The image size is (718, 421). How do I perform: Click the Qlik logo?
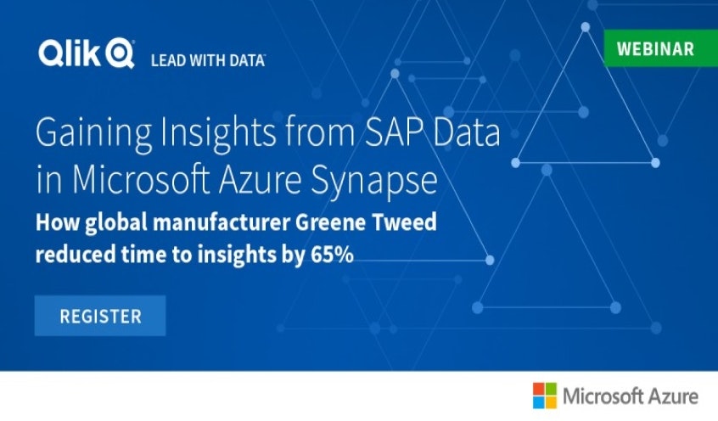pyautogui.click(x=87, y=53)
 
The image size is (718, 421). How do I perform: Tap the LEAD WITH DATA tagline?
pyautogui.click(x=208, y=60)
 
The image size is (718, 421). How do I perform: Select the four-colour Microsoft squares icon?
pyautogui.click(x=545, y=396)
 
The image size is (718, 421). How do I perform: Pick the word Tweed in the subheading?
pyautogui.click(x=404, y=222)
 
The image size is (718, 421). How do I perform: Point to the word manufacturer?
pyautogui.click(x=222, y=222)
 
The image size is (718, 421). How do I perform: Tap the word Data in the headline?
pyautogui.click(x=467, y=132)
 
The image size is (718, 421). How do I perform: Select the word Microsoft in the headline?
pyautogui.click(x=141, y=180)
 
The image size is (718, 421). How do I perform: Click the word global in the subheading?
pyautogui.click(x=116, y=224)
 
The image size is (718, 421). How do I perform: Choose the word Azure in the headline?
pyautogui.click(x=260, y=180)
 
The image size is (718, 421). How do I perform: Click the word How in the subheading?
pyautogui.click(x=59, y=222)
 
